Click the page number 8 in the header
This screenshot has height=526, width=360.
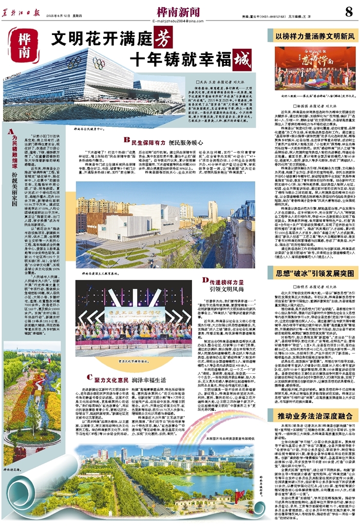[x=349, y=11]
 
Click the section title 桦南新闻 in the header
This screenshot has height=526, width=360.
[x=177, y=10]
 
